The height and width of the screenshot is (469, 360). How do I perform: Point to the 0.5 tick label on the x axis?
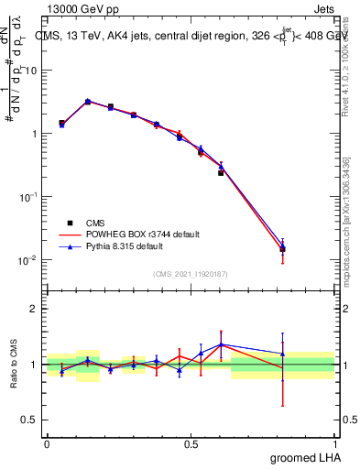[x=191, y=442]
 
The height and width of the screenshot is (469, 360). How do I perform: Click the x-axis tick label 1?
[x=334, y=442]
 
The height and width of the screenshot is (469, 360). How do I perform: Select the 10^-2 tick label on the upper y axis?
[x=26, y=260]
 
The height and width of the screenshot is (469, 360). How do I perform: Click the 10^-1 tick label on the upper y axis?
[x=26, y=197]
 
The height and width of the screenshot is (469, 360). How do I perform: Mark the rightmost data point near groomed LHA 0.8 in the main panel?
[x=283, y=248]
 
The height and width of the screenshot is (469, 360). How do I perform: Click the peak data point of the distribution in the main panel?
[x=87, y=102]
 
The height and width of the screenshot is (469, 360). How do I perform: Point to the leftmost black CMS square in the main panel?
[x=61, y=123]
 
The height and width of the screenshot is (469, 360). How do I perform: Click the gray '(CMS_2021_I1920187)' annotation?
[x=190, y=273]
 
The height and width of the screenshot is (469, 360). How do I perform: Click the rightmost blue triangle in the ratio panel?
[x=283, y=354]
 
